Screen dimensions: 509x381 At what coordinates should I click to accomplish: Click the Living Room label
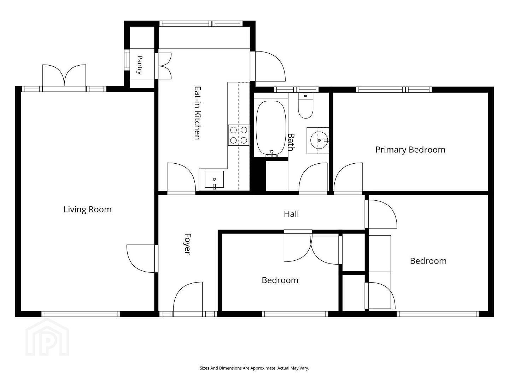[x=88, y=210]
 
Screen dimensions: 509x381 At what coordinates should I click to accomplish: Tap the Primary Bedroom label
[x=410, y=150]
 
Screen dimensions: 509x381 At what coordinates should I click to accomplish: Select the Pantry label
[x=140, y=65]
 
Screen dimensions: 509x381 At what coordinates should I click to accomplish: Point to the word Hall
[x=291, y=214]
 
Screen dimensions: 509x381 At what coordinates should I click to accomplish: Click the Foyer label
[x=187, y=244]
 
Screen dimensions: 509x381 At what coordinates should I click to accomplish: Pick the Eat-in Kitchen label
[x=197, y=113]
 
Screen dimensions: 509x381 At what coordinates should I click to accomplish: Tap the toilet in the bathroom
[x=305, y=105]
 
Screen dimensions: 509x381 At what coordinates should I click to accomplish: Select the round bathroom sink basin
[x=319, y=140]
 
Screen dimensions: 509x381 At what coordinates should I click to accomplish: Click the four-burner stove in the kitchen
[x=239, y=135]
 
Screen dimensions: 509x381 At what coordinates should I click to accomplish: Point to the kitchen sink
[x=214, y=179]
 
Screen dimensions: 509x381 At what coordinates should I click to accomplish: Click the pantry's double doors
[x=163, y=66]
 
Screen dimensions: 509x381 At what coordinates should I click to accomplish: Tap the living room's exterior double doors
[x=64, y=75]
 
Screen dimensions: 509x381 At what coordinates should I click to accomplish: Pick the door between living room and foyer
[x=141, y=259]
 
